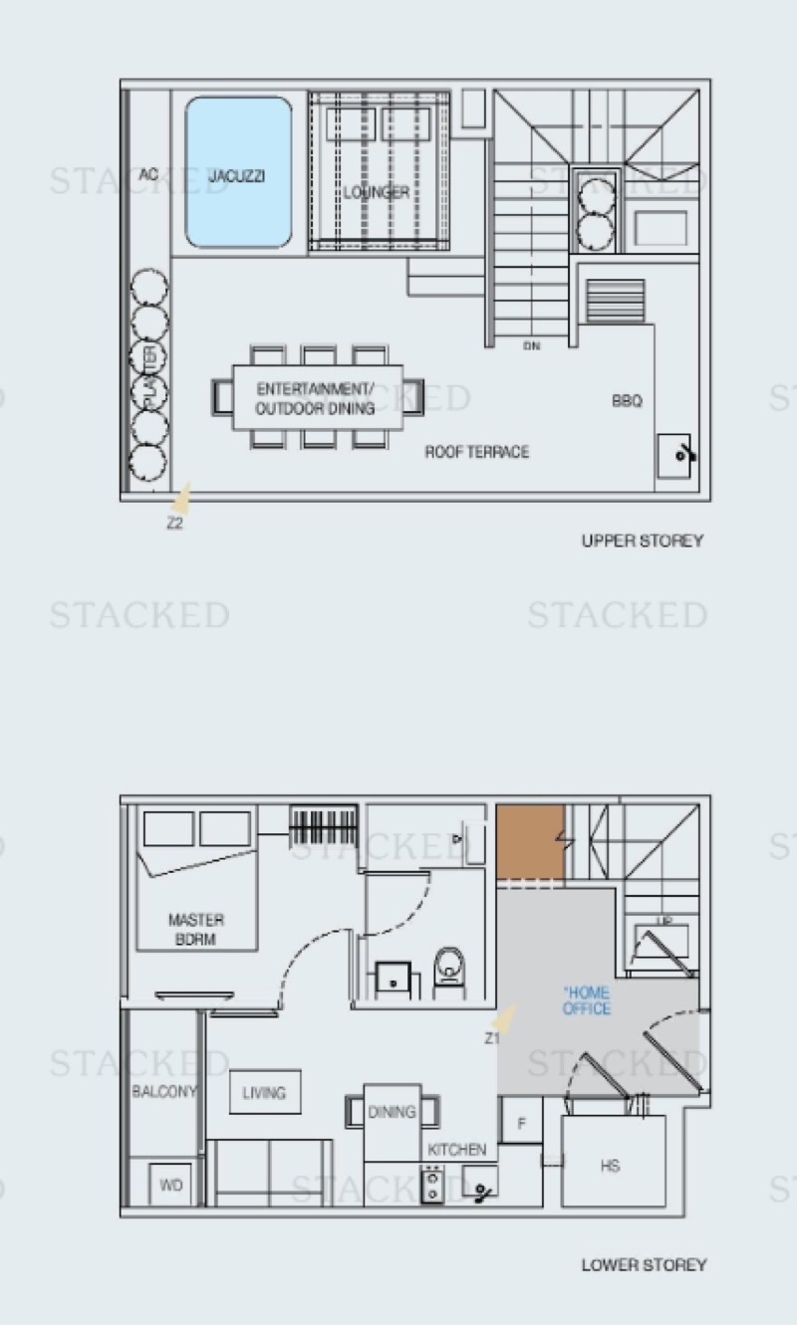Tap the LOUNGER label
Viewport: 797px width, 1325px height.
pos(376,192)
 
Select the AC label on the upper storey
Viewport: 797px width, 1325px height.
pos(149,174)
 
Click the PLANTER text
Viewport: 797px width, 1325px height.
pos(151,377)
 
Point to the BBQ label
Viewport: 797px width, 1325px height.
pos(627,401)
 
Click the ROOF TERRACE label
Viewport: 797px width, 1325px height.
pos(476,452)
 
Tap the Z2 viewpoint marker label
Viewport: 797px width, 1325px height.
pos(174,524)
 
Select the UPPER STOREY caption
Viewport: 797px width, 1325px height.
pos(643,541)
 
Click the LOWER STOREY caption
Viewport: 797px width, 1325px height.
pos(644,1265)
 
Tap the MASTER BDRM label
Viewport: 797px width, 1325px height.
pos(196,929)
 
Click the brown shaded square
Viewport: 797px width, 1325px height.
pos(530,842)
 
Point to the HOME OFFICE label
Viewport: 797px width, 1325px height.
pos(586,1000)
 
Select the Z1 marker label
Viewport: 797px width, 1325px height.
pos(492,1038)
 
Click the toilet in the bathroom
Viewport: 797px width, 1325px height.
pos(450,966)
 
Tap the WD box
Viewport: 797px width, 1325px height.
pos(170,1185)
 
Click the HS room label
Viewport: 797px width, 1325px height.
pos(610,1166)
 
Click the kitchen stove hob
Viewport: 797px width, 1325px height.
pos(432,1185)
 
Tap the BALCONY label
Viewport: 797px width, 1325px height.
pos(163,1091)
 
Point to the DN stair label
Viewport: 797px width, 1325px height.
pos(531,346)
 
